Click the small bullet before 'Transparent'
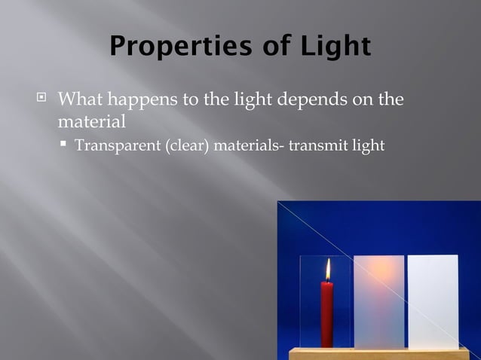pyautogui.click(x=65, y=144)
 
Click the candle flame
pyautogui.click(x=327, y=270)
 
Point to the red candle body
pyautogui.click(x=326, y=313)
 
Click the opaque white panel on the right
pyautogui.click(x=433, y=301)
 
